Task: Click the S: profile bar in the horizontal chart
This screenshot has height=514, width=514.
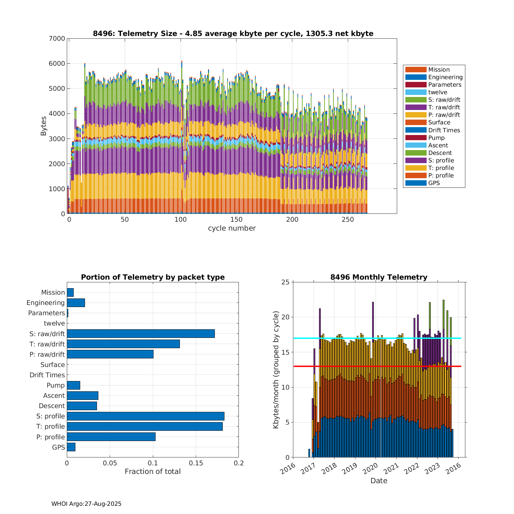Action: pyautogui.click(x=145, y=416)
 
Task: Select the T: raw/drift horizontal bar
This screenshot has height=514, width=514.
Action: pyautogui.click(x=123, y=344)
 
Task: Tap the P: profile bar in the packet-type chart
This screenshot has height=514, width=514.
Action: pyautogui.click(x=111, y=437)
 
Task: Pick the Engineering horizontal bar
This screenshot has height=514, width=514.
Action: pyautogui.click(x=76, y=303)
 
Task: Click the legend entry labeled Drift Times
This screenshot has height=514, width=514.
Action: pyautogui.click(x=444, y=130)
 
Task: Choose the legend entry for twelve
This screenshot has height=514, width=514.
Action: pyautogui.click(x=438, y=92)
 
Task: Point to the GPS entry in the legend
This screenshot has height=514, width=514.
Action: pyautogui.click(x=434, y=183)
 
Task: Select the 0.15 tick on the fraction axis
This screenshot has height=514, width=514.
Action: pyautogui.click(x=196, y=463)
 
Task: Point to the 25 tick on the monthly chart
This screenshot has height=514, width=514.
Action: pyautogui.click(x=286, y=282)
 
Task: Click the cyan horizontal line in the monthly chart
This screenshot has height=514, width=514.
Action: pyautogui.click(x=377, y=338)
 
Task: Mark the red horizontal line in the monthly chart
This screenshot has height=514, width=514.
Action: pyautogui.click(x=377, y=366)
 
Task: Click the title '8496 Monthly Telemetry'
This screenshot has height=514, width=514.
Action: pyautogui.click(x=379, y=277)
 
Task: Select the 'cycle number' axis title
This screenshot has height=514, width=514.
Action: pyautogui.click(x=232, y=228)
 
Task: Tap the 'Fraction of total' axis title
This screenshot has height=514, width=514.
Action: pyautogui.click(x=152, y=472)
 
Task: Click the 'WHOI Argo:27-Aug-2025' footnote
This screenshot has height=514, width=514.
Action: pyautogui.click(x=86, y=504)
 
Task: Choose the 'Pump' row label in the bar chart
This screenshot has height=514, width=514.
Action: pyautogui.click(x=56, y=385)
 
